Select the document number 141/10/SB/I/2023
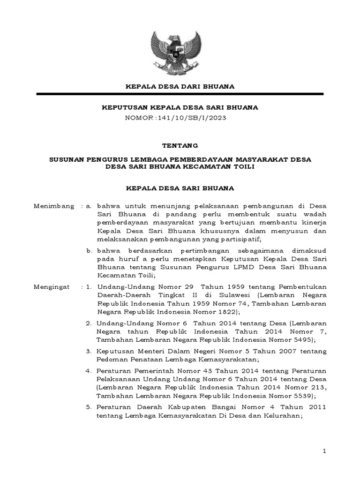[193, 118]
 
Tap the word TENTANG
[180, 146]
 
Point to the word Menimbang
[54, 206]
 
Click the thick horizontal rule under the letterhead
[180, 94]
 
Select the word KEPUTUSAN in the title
[121, 107]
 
